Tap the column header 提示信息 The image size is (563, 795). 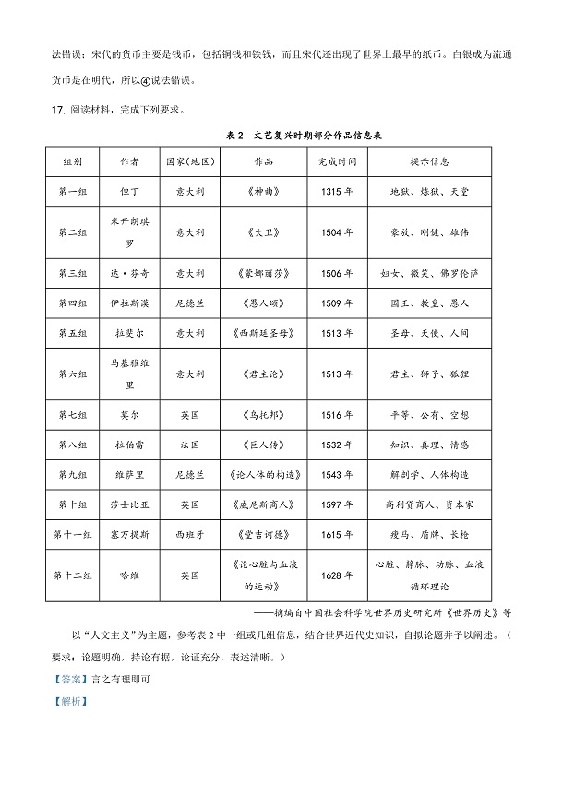tap(429, 160)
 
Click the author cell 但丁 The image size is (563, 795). tap(129, 191)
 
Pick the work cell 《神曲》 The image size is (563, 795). tap(264, 191)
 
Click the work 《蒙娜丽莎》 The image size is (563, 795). tap(264, 274)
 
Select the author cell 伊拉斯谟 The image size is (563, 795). tap(129, 303)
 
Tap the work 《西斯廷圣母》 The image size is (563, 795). tap(264, 332)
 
